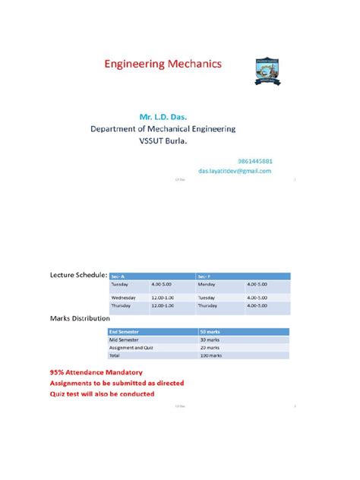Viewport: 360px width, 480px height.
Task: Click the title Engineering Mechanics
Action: (x=163, y=65)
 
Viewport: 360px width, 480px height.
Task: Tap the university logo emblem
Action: (x=271, y=76)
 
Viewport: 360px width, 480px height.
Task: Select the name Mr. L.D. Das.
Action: (x=164, y=118)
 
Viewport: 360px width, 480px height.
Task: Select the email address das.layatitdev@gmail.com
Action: (x=235, y=172)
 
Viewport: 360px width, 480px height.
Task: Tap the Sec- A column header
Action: (x=118, y=276)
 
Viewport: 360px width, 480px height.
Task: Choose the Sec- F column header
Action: (x=204, y=276)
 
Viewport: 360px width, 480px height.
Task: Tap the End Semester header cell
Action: (x=130, y=332)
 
